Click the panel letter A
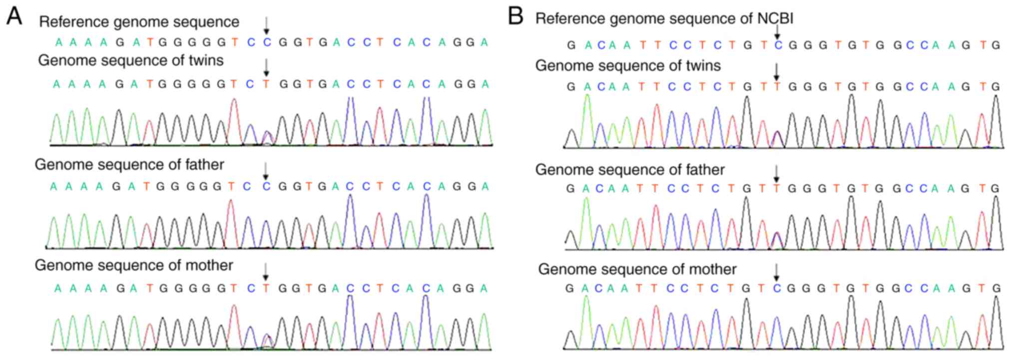tap(14, 16)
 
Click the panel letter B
tap(515, 16)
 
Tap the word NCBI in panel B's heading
tap(775, 18)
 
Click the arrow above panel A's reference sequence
tap(267, 25)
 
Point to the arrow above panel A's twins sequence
tap(267, 67)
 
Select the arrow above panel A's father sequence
tap(266, 171)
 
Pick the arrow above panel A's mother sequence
tap(266, 272)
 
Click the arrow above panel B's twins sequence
tap(777, 72)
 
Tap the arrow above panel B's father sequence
tap(776, 174)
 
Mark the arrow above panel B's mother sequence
tap(776, 273)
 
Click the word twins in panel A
tap(204, 60)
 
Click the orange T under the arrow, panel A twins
tap(266, 84)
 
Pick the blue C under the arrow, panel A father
tap(266, 187)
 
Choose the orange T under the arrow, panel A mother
tap(266, 288)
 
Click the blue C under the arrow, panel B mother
tap(777, 288)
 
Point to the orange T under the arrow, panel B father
tap(777, 188)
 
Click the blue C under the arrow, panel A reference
tap(267, 42)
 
